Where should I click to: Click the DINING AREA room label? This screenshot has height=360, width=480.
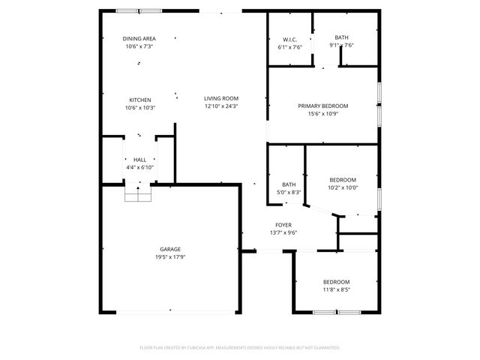(139, 38)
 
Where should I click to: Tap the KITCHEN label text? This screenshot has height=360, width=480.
(140, 100)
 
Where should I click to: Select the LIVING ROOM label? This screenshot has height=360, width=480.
(221, 98)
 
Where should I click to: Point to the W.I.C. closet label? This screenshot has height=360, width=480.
(289, 39)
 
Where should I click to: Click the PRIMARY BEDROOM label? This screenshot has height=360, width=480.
(322, 106)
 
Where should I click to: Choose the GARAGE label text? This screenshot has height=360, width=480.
(169, 249)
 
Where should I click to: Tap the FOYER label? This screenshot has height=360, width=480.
(283, 224)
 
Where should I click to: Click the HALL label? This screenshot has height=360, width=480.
(139, 160)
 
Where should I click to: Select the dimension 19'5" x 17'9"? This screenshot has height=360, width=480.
(169, 257)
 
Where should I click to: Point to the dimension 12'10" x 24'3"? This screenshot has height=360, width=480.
(221, 106)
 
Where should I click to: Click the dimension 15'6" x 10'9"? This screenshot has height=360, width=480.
(322, 114)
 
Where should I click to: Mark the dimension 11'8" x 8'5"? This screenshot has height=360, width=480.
(337, 289)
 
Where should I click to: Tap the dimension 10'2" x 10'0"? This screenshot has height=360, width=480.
(343, 187)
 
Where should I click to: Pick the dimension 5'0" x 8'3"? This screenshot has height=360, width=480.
(289, 193)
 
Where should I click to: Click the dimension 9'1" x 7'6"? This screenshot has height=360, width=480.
(341, 45)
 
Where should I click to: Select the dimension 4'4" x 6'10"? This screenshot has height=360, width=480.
(139, 168)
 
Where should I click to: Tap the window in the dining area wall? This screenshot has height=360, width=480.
(139, 10)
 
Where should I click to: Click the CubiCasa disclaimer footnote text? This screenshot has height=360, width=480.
(240, 348)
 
